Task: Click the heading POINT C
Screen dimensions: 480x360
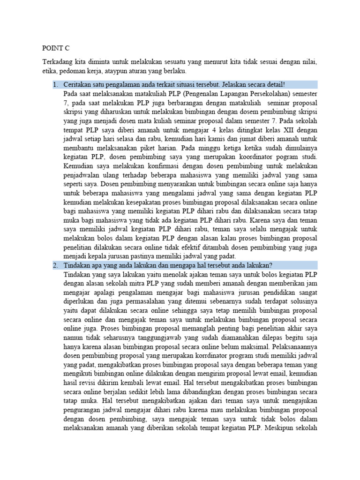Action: [x=55, y=48]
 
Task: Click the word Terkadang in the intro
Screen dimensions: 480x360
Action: [x=58, y=62]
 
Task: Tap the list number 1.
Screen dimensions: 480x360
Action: [x=54, y=84]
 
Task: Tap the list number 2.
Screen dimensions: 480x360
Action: [x=54, y=265]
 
